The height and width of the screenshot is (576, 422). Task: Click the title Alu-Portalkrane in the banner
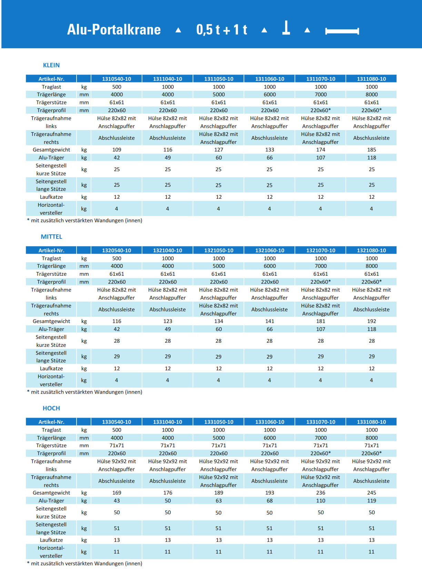coord(114,30)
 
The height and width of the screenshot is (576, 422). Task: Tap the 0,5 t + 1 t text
coord(222,30)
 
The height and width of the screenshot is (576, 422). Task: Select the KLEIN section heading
coord(51,65)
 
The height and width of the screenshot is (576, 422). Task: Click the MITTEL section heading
coord(51,237)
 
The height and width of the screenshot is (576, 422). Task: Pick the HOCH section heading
coord(51,408)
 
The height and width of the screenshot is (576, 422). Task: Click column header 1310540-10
coord(117,79)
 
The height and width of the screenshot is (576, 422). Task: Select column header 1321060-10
coord(270,250)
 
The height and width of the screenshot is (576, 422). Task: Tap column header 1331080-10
coord(371,422)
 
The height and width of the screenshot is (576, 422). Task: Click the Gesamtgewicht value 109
coord(117,150)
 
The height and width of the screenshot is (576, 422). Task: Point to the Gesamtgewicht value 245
coord(371,493)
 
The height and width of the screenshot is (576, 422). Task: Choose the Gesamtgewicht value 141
coord(270,321)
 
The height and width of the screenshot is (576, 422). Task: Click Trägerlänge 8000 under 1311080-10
coord(371,95)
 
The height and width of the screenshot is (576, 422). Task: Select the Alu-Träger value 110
coord(321,501)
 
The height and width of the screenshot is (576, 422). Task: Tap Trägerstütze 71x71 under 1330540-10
coord(117,446)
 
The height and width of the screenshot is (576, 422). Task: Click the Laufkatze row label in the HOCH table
coord(51,540)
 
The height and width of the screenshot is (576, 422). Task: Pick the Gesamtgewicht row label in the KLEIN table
coord(51,150)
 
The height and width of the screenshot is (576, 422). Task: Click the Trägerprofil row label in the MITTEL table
coord(51,282)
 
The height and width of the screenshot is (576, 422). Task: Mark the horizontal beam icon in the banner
coord(342,31)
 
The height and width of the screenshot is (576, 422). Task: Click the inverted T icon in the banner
coord(286,28)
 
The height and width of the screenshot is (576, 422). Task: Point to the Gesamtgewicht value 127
coord(219,150)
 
